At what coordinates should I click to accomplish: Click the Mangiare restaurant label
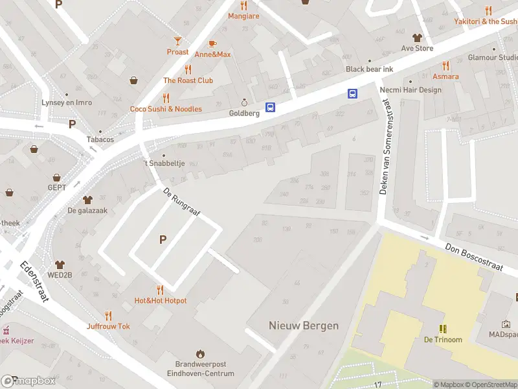[243, 16]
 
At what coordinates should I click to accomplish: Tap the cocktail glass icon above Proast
[177, 41]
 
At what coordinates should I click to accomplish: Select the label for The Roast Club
[188, 80]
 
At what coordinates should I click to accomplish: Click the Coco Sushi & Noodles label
[166, 109]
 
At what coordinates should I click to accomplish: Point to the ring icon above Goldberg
[244, 102]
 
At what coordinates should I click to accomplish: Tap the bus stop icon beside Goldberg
[271, 108]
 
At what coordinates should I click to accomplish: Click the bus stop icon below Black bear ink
[352, 93]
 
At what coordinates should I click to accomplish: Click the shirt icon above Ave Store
[417, 38]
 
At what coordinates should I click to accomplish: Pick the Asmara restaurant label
[445, 77]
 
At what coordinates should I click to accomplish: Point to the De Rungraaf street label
[182, 204]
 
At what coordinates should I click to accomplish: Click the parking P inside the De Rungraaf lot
[163, 240]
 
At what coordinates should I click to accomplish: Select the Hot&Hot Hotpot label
[161, 301]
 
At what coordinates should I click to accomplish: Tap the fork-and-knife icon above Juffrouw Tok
[108, 316]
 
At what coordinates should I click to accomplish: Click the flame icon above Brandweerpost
[200, 354]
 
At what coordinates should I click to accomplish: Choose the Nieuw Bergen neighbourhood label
[304, 325]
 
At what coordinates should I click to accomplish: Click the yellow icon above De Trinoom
[443, 329]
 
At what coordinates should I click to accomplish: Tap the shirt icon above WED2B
[60, 265]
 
